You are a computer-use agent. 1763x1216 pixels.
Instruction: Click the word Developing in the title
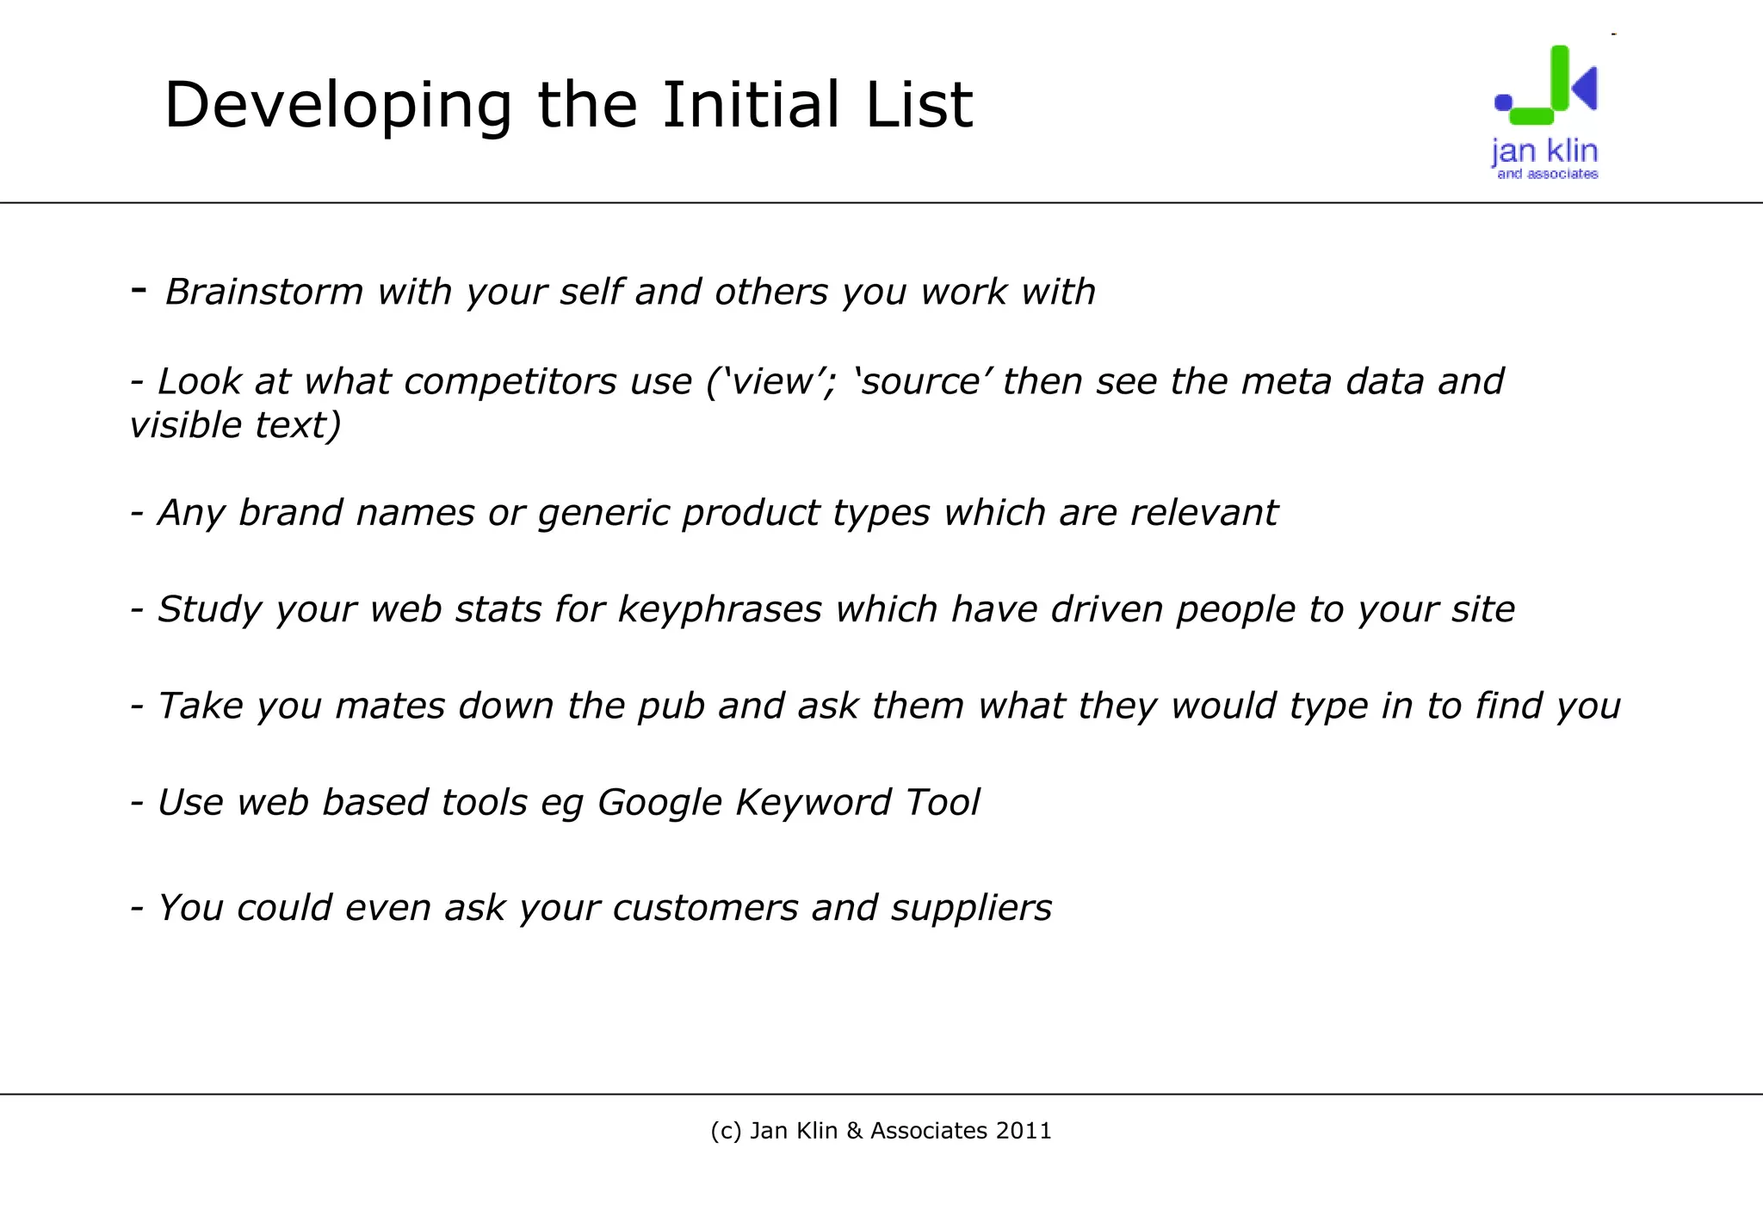[x=337, y=106]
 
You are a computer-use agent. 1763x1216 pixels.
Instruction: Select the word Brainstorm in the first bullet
[x=264, y=292]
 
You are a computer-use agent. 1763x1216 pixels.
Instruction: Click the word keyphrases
[x=720, y=609]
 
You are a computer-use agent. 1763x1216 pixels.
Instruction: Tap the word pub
[x=671, y=706]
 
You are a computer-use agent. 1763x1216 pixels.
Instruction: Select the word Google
[x=659, y=803]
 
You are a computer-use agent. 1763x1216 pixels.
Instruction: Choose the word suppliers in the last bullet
[x=971, y=908]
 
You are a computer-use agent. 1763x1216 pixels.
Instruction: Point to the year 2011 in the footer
[x=1024, y=1131]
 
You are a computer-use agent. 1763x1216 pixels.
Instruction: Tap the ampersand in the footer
[x=854, y=1131]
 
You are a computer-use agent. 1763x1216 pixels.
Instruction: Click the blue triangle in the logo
[x=1586, y=88]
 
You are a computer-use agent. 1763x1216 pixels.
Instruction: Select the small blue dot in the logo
[x=1503, y=102]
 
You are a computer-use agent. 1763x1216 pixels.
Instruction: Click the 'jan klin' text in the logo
[x=1544, y=151]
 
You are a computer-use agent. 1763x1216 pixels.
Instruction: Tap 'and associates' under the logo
[x=1547, y=174]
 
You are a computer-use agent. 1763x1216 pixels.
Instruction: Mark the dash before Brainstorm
[x=139, y=290]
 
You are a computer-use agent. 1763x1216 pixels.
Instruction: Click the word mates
[x=389, y=706]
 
